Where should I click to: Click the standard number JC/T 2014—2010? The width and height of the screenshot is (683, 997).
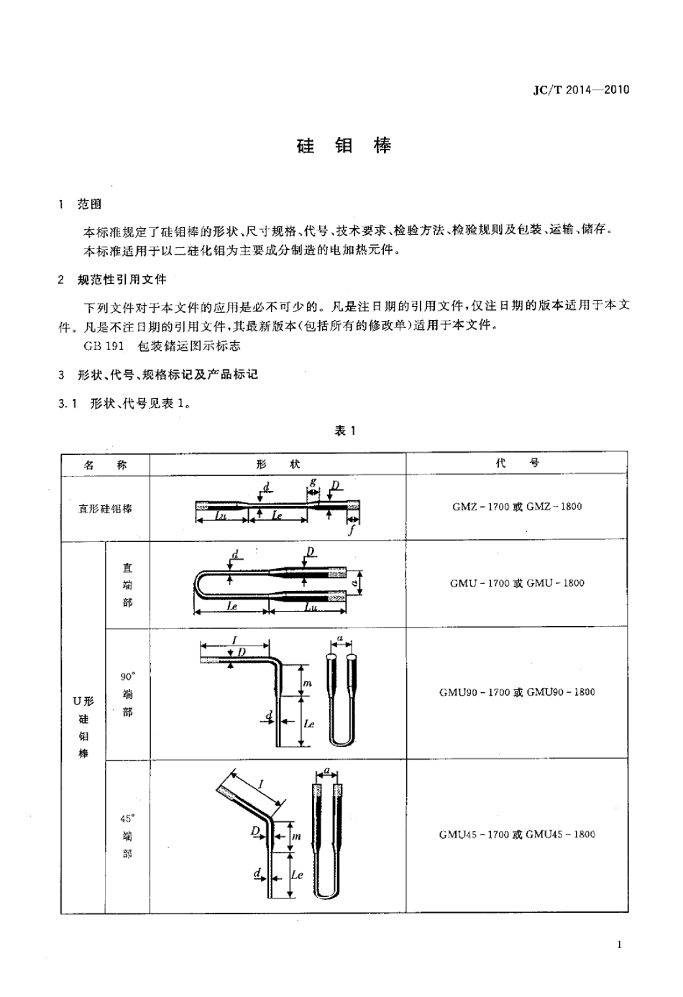(x=580, y=90)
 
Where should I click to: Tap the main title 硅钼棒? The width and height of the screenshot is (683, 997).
(x=344, y=146)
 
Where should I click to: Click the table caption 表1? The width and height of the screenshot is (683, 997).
(x=345, y=431)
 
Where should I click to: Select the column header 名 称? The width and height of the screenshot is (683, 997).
(x=105, y=464)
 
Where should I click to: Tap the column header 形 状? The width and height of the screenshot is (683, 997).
(x=278, y=464)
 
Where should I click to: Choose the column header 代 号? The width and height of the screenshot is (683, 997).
(x=517, y=464)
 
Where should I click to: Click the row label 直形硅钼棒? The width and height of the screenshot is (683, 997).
(x=105, y=508)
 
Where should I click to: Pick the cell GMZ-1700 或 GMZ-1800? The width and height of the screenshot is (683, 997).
(x=517, y=507)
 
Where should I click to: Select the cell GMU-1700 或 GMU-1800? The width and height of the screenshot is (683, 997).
(x=517, y=583)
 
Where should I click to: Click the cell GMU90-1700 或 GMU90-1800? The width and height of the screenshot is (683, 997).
(x=517, y=692)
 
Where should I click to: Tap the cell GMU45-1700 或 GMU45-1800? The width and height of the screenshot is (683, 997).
(x=517, y=835)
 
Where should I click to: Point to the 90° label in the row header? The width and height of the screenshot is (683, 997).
(x=127, y=676)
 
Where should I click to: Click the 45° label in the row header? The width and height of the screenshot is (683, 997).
(x=127, y=818)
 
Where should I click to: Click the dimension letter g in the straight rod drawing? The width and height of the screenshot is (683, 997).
(x=313, y=481)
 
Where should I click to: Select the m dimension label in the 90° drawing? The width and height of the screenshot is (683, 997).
(x=307, y=683)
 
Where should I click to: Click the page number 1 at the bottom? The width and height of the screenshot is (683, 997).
(x=619, y=945)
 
